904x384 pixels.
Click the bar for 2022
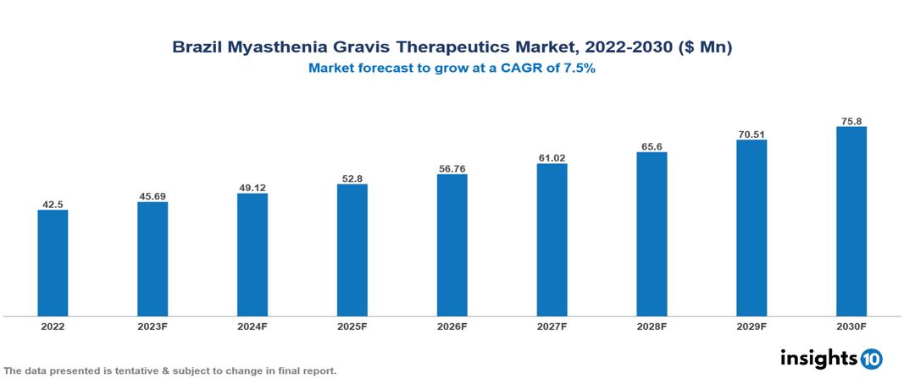point(53,263)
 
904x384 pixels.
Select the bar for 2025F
point(352,250)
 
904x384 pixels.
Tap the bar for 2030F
point(851,222)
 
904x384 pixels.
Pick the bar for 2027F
point(552,240)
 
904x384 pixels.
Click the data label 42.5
point(53,204)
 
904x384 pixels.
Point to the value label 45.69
point(153,196)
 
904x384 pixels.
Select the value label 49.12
point(252,188)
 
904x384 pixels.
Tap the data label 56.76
point(452,168)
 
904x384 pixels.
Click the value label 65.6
point(652,146)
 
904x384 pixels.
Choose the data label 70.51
point(751,134)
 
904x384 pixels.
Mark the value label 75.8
point(851,121)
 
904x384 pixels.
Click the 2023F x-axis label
point(153,326)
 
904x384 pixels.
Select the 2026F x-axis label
point(452,326)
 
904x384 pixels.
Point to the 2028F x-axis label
point(652,326)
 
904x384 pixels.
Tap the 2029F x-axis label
point(751,326)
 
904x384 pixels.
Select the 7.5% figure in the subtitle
point(580,69)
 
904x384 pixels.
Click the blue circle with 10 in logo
point(871,359)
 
